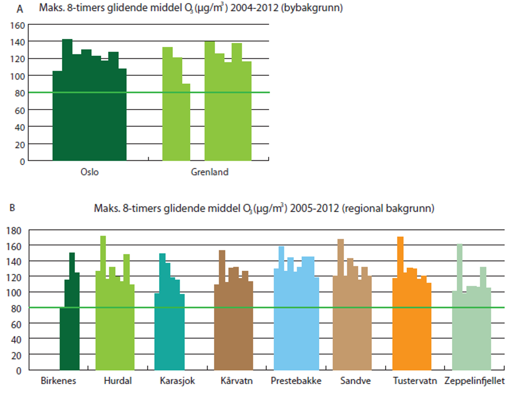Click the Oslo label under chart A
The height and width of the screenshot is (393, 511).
(90, 172)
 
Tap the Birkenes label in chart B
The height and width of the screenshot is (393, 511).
(58, 381)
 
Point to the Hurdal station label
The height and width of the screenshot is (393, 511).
(115, 381)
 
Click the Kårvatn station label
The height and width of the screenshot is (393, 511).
(233, 381)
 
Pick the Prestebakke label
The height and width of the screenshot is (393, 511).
(296, 381)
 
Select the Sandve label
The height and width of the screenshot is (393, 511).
(351, 381)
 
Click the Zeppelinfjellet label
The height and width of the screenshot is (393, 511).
(475, 381)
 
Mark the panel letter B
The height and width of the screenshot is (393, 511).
(12, 208)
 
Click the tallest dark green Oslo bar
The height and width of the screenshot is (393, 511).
(67, 100)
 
